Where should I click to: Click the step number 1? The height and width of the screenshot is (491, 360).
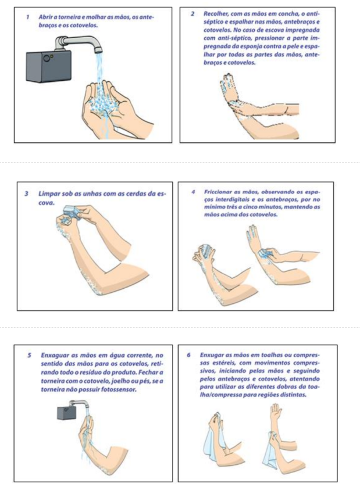(x=28, y=17)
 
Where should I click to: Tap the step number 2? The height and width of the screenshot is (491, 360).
(x=193, y=14)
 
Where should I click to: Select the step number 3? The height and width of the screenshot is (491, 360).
(x=27, y=194)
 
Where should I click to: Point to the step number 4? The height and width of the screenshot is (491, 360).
(x=193, y=192)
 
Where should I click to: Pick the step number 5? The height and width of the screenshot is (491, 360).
(x=30, y=356)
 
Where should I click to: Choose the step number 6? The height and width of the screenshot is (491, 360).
(x=188, y=356)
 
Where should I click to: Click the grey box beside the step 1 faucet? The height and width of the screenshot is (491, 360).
(x=49, y=67)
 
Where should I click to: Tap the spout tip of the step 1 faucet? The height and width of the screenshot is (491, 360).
(x=98, y=49)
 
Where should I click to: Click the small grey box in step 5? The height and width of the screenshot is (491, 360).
(x=65, y=413)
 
